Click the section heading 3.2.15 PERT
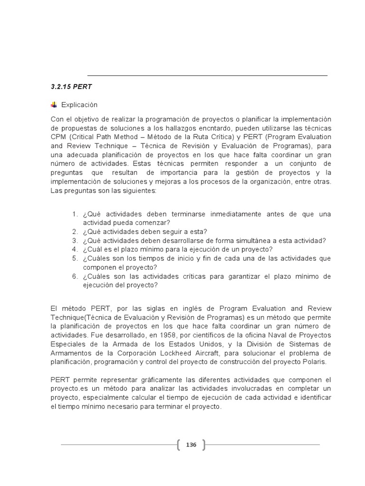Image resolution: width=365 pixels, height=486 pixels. coord(71,87)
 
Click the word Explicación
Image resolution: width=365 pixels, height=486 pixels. coord(79,105)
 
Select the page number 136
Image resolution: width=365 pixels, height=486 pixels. coord(191,445)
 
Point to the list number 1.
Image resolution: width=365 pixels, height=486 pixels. coord(75,214)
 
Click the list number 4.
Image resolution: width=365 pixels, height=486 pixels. coord(75,249)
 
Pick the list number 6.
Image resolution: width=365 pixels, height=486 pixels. coord(75,276)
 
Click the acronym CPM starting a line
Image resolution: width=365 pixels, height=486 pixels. coord(58,137)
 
